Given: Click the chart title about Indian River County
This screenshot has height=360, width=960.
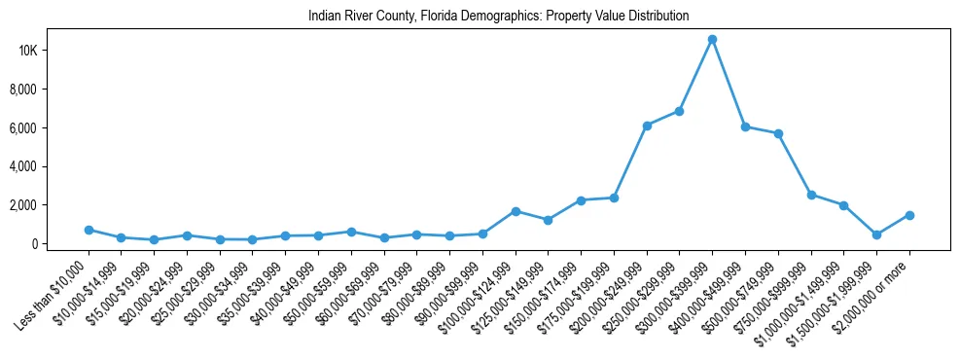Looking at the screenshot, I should pyautogui.click(x=498, y=16).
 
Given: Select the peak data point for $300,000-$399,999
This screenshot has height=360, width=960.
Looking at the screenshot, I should pyautogui.click(x=712, y=39).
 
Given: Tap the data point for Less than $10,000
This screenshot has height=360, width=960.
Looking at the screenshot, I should pyautogui.click(x=89, y=230).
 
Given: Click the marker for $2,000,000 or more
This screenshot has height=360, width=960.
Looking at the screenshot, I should pyautogui.click(x=909, y=215).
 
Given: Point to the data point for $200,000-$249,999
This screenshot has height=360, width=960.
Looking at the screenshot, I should pyautogui.click(x=647, y=126).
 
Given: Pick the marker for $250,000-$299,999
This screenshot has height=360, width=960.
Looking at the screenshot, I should pyautogui.click(x=680, y=111).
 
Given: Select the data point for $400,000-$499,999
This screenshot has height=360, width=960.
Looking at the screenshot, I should pyautogui.click(x=745, y=126).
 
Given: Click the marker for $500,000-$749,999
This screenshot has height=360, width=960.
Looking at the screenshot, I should pyautogui.click(x=778, y=133).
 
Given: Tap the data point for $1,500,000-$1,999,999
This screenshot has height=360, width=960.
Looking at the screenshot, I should pyautogui.click(x=876, y=234).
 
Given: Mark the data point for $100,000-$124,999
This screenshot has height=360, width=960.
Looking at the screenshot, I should pyautogui.click(x=516, y=211).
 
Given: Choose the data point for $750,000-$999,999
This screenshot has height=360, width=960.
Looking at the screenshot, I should pyautogui.click(x=811, y=195).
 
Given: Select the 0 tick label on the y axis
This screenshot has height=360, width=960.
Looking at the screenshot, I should pyautogui.click(x=60, y=244).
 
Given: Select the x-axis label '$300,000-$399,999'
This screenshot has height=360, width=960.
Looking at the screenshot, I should pyautogui.click(x=688, y=286).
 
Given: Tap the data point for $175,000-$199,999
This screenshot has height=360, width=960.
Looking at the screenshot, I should pyautogui.click(x=614, y=198).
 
